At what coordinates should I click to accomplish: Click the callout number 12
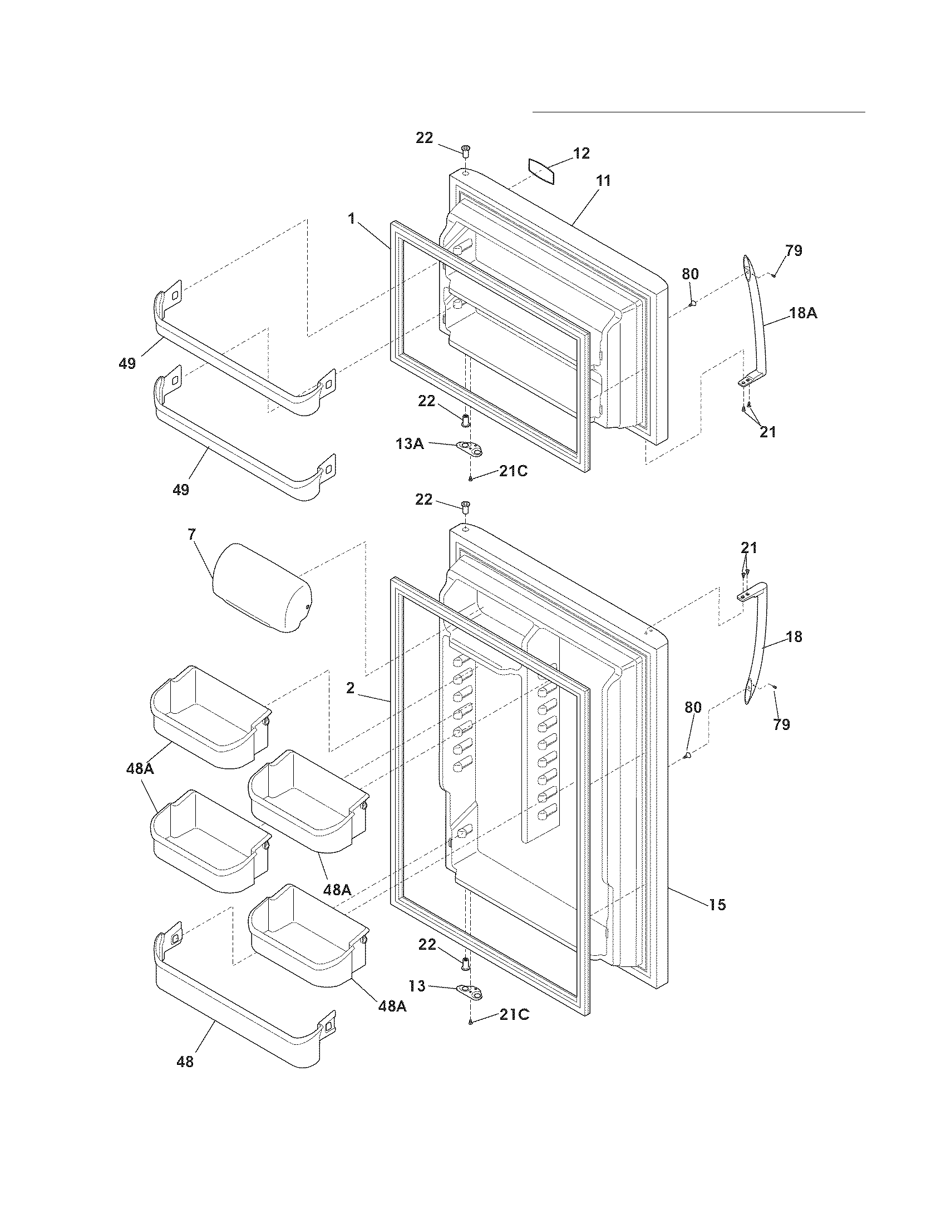click(x=582, y=153)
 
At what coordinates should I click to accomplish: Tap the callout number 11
click(x=603, y=181)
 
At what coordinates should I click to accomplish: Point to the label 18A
click(x=803, y=314)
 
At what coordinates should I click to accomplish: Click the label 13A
click(x=409, y=444)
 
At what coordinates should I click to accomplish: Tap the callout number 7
click(x=191, y=535)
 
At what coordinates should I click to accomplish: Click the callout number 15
click(x=717, y=905)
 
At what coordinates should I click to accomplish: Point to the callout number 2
click(x=350, y=688)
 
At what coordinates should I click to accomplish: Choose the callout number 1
click(x=351, y=219)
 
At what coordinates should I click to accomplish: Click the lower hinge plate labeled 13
click(x=470, y=993)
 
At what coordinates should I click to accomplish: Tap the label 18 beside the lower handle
click(x=794, y=636)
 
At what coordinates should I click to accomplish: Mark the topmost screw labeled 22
click(x=465, y=150)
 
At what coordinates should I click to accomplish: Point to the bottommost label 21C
click(x=514, y=1014)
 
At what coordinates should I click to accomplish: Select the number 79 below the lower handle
click(x=781, y=724)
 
